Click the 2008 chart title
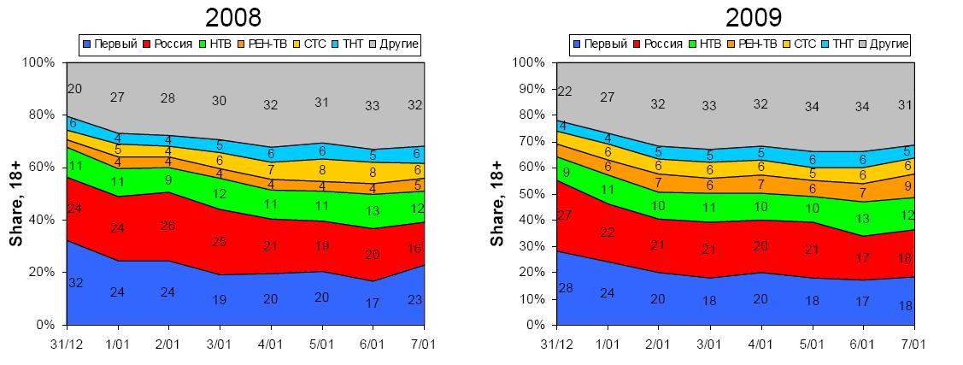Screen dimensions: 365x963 pos(232,17)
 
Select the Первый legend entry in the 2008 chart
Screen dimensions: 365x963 pos(110,43)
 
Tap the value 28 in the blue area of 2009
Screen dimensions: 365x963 pos(565,287)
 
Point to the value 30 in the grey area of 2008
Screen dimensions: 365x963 pos(220,101)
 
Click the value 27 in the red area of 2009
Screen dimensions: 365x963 pos(565,215)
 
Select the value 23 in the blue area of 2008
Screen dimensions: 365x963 pos(416,299)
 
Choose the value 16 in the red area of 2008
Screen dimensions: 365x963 pos(416,249)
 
